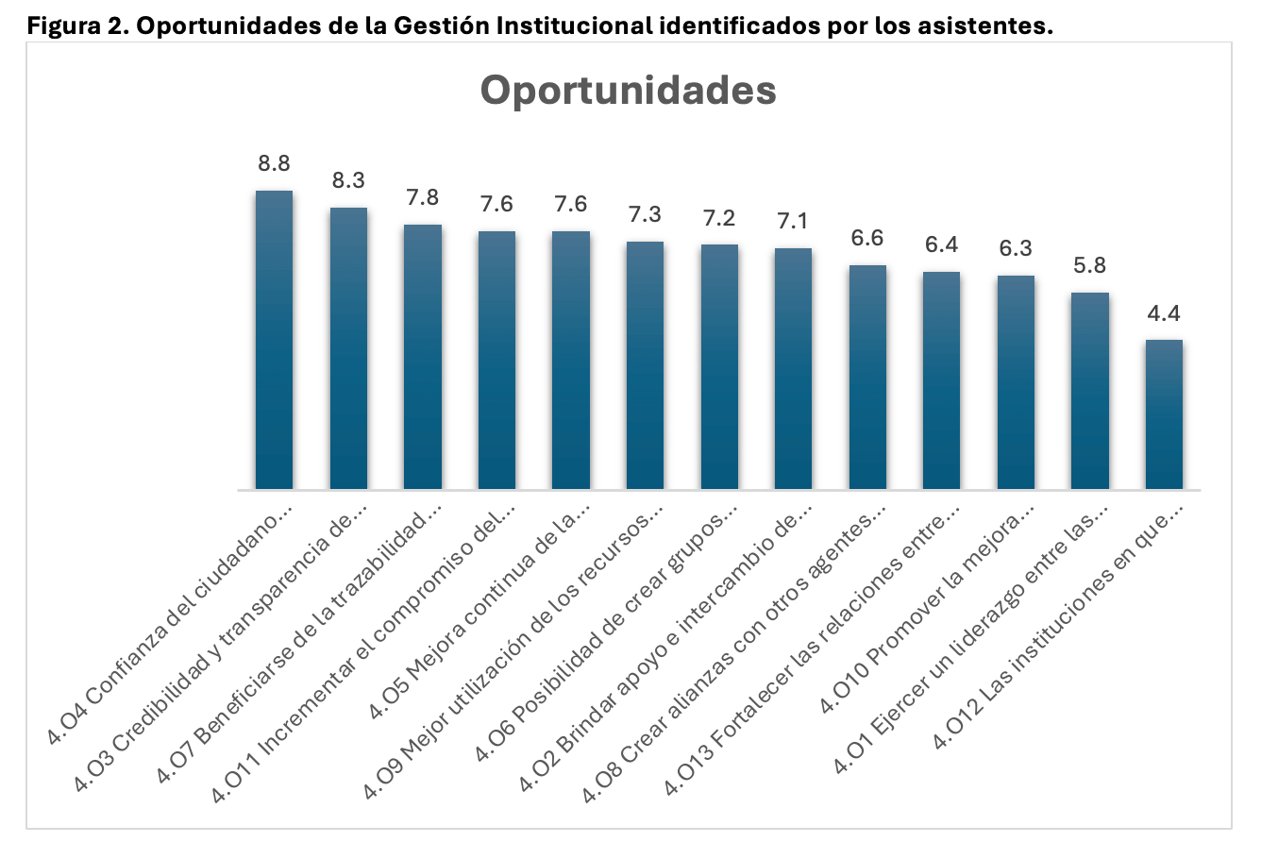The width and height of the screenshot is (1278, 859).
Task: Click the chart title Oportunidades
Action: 628,91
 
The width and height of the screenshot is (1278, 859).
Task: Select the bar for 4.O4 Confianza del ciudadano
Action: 274,340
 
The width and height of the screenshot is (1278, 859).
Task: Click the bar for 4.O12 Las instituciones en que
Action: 1164,414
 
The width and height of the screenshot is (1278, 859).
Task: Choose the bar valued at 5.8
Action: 1090,391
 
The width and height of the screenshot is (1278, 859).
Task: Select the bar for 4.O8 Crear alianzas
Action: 867,378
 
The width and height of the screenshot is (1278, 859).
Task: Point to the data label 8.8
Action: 274,163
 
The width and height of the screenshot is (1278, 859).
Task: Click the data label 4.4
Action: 1164,313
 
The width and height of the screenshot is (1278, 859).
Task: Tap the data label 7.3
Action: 645,214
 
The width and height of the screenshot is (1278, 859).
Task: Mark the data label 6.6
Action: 867,238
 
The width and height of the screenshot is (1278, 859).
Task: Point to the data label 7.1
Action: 793,221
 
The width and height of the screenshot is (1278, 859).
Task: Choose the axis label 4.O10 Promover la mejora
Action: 930,609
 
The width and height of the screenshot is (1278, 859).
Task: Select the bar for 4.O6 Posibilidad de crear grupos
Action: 719,367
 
